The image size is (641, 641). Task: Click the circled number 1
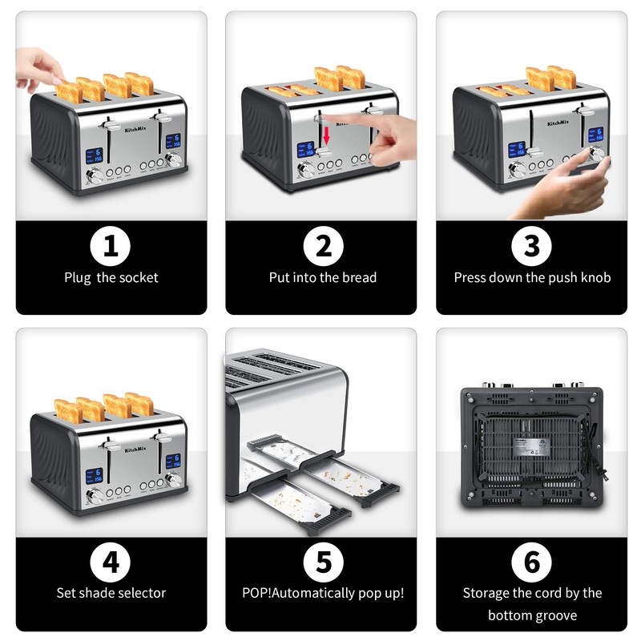(111, 246)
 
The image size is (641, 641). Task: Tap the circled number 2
(322, 246)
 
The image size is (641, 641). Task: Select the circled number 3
(532, 246)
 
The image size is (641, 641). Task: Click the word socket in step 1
(138, 278)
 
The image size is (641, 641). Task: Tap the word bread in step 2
(360, 278)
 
